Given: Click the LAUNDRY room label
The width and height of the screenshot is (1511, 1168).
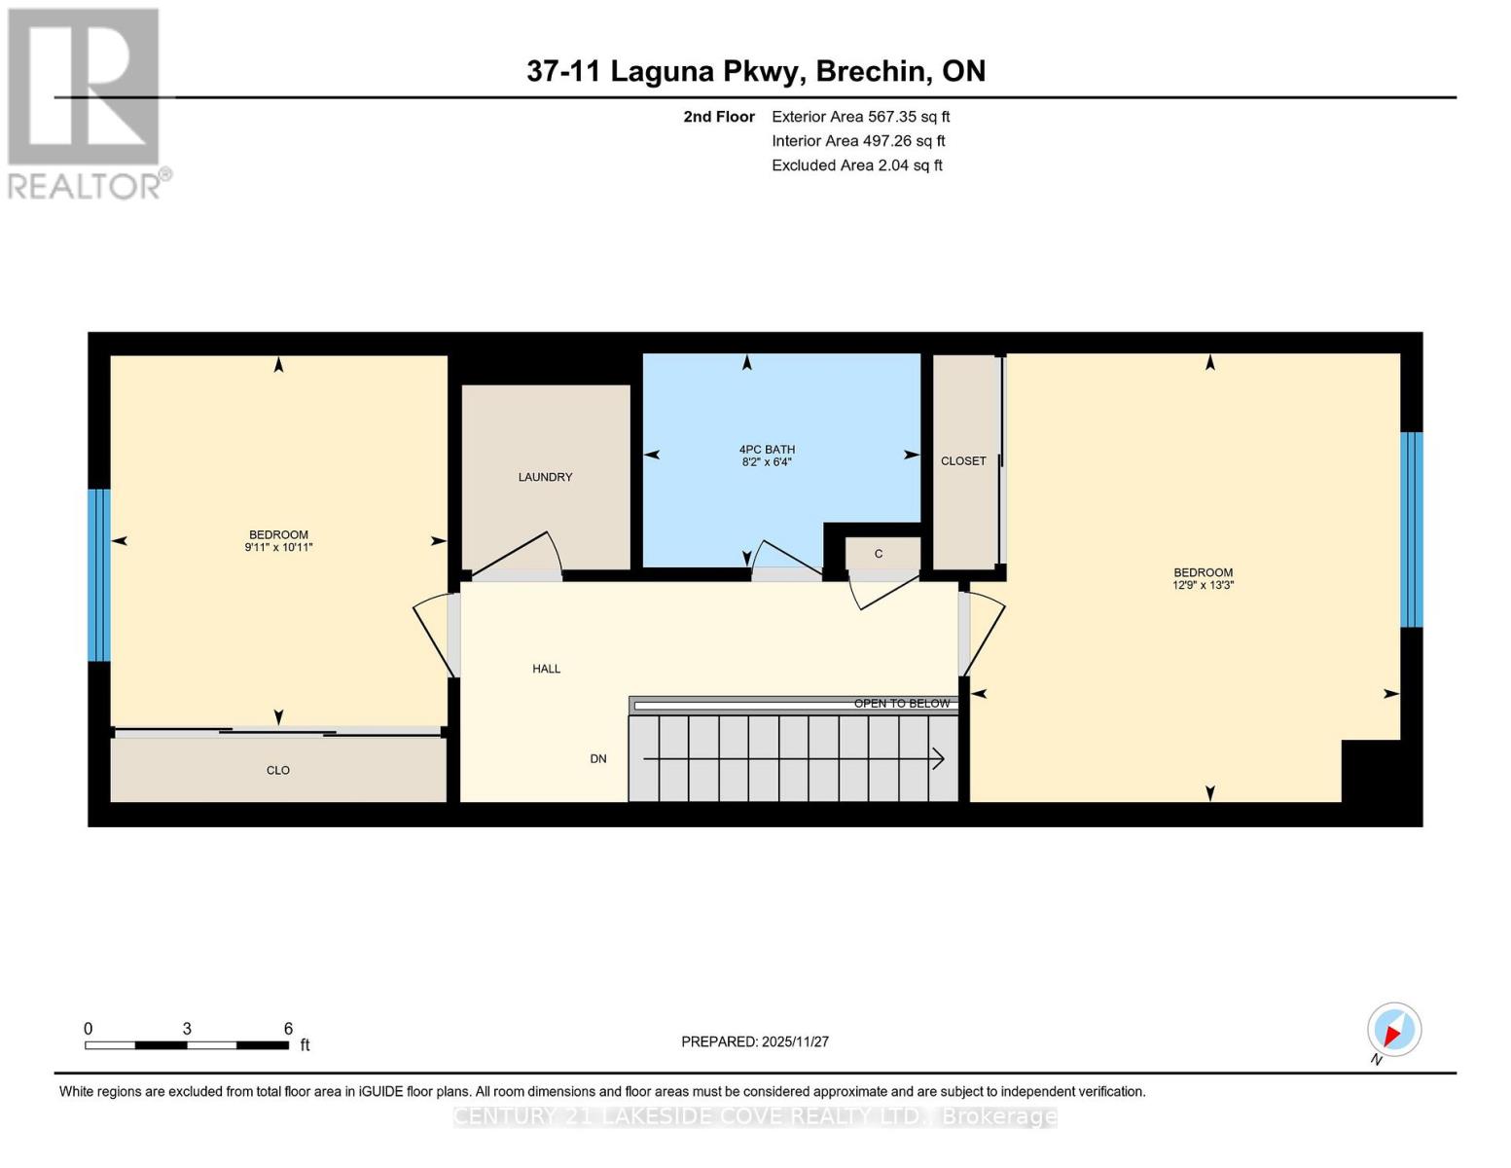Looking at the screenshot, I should point(545,477).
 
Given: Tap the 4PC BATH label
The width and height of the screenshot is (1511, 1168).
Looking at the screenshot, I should point(767,449).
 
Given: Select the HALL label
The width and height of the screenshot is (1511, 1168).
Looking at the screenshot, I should point(546,669).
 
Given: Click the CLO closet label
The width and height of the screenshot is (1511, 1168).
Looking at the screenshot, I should point(278,770).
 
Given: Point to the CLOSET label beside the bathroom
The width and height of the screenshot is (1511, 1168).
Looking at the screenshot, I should point(963,460).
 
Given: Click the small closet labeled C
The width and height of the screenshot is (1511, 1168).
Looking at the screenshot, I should point(879,554).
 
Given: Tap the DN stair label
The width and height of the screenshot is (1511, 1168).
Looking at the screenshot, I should point(598,758).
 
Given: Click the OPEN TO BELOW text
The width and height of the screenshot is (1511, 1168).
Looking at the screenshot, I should point(901,703).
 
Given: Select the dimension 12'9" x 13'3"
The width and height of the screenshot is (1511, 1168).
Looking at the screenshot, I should point(1203,586).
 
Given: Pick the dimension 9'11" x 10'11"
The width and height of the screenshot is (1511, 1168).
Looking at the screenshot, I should point(278,548).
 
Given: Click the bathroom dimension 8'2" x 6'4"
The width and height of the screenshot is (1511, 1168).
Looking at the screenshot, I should point(767,462).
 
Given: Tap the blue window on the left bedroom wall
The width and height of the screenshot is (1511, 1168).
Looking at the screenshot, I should point(98,574).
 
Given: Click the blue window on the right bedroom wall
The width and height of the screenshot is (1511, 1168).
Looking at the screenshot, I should point(1411,529).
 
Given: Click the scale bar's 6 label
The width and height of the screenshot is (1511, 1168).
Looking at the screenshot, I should point(288,1028).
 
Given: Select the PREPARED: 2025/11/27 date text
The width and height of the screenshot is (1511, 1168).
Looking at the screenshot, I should point(754,1041).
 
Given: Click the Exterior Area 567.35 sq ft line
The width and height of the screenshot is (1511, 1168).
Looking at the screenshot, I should point(860,117).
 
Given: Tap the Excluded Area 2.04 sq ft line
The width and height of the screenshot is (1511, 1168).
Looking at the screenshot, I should point(856,165).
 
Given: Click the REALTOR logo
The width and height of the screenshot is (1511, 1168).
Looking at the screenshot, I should point(86,103).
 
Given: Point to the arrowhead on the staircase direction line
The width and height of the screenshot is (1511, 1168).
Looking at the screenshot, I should point(939,758).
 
